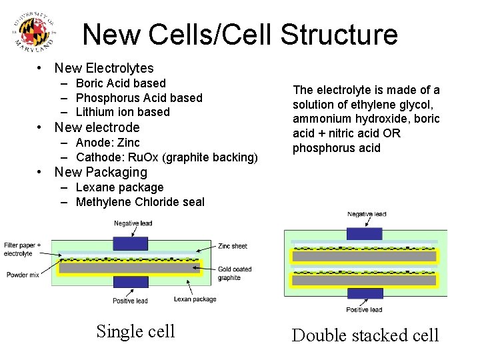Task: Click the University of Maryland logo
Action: coord(33,32)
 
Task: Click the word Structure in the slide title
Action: coord(340,35)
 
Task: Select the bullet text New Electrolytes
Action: coord(104,68)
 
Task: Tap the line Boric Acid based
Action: coord(121,83)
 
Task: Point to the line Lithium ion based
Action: coord(123,112)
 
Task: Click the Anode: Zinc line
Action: coord(108,143)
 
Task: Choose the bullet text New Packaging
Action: coord(101,172)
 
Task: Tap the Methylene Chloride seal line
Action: coord(140,202)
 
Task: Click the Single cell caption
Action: coord(135,331)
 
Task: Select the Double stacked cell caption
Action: coord(365,335)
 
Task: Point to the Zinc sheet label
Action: coord(233,246)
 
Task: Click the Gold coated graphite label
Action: coord(234,273)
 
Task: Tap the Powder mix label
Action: coord(23,275)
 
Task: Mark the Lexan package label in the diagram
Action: coord(195,299)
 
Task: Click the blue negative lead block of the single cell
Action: coord(131,243)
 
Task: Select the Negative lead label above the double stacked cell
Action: coord(367,214)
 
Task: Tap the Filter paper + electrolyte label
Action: coord(21,249)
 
